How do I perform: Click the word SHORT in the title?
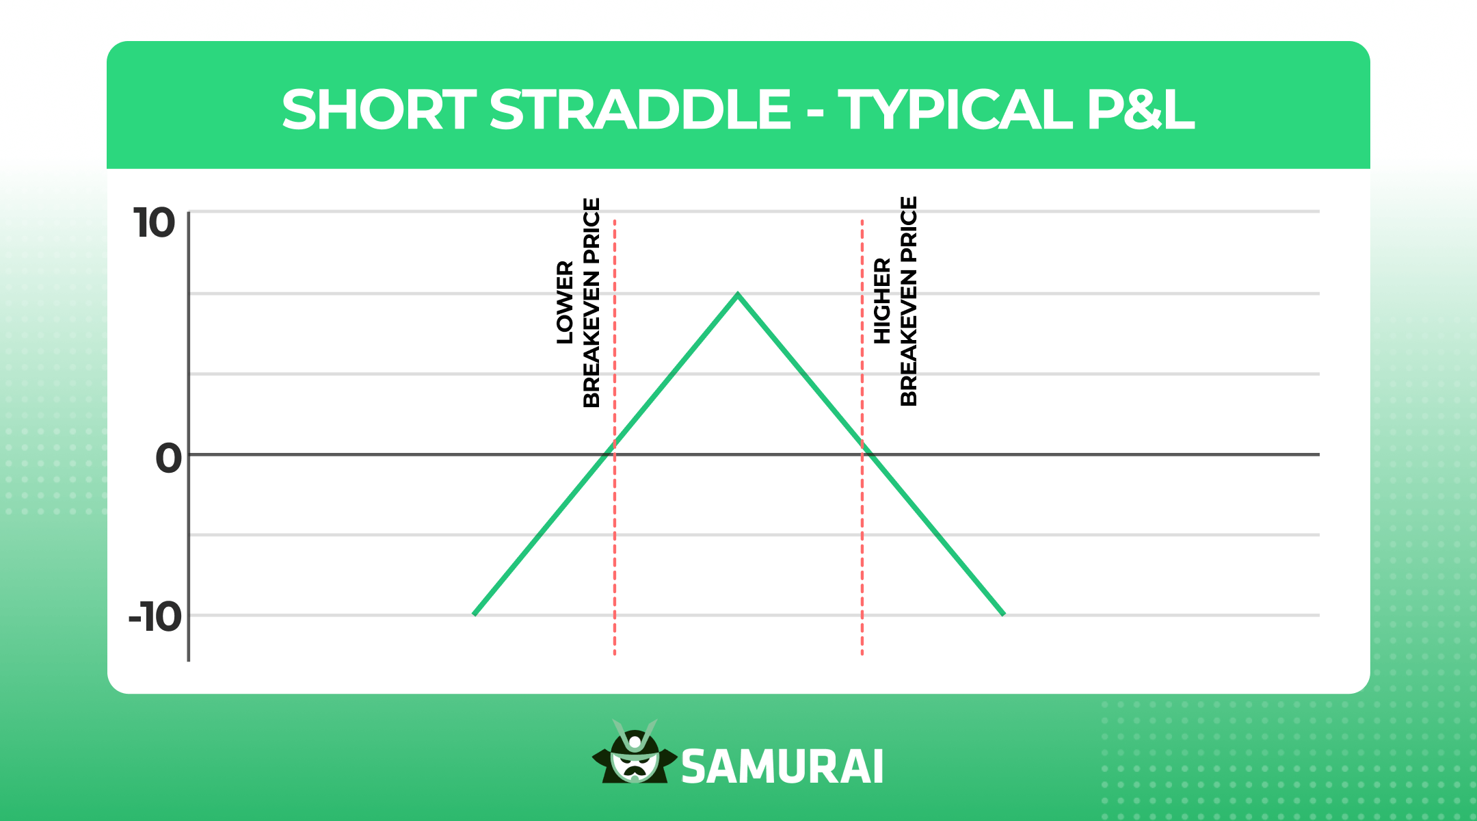(x=379, y=110)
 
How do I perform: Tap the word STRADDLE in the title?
(x=640, y=110)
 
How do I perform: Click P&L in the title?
(x=1140, y=110)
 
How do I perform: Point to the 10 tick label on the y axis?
(x=155, y=224)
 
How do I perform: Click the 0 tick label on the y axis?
(x=168, y=458)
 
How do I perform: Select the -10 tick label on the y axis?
(x=155, y=618)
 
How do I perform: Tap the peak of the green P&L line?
(x=738, y=295)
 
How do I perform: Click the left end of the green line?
(x=475, y=614)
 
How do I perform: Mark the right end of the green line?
(x=1003, y=614)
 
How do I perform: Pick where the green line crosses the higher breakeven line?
(x=862, y=444)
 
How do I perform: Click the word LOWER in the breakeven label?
(x=565, y=302)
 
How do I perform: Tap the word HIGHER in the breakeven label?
(x=882, y=301)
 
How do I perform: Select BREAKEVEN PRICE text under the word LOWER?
(x=591, y=302)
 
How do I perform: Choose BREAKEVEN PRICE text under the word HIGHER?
(x=908, y=301)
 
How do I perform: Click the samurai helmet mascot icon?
(x=635, y=753)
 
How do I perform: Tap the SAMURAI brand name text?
(x=782, y=767)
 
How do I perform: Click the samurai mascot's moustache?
(x=635, y=770)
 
